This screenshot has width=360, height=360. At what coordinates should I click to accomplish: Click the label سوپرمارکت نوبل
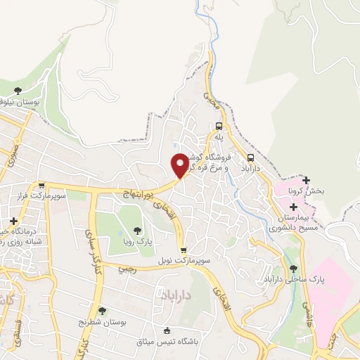[x=183, y=260]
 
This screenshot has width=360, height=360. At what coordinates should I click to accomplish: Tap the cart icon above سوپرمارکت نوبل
[x=183, y=250]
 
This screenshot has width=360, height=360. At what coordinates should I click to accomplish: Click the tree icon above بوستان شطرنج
[x=103, y=310]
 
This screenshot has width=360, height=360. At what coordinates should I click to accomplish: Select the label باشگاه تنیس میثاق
[x=167, y=342]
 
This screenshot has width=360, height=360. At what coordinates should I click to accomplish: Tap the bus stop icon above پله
[x=218, y=128]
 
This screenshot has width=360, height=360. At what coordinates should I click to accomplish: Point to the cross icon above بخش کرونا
[x=306, y=180]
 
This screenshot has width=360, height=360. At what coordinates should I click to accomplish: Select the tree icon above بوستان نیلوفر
[x=18, y=91]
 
